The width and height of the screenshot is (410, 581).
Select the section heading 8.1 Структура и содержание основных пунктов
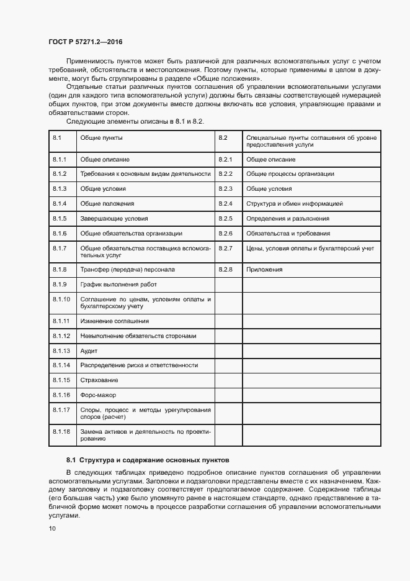pos(148,460)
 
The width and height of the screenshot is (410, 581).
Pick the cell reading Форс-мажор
pos(98,395)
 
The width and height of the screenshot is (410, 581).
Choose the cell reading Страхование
pos(99,380)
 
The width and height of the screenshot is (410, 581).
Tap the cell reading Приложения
pos(264,270)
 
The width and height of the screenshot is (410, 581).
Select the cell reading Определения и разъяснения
pos(288,219)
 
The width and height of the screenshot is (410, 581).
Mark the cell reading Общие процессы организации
pos(290,174)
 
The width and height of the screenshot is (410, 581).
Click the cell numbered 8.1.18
pos(61,431)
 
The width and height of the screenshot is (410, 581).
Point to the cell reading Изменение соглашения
pos(115,321)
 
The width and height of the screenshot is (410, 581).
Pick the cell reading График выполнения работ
pos(118,285)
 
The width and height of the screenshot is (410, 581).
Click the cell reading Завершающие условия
pos(114,219)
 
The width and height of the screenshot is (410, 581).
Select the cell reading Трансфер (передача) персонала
pos(128,270)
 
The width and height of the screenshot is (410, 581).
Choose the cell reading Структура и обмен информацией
pos(295,204)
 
